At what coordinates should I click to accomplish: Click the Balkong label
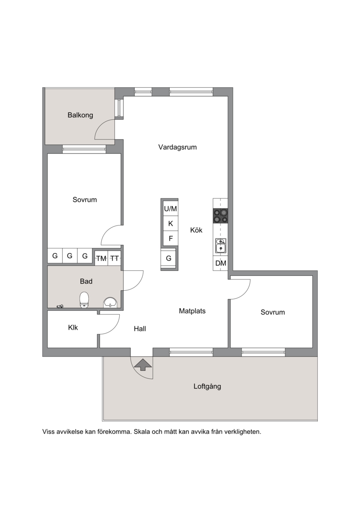[80, 115]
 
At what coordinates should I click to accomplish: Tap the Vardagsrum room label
[178, 147]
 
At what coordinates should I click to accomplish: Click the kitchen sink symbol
[221, 245]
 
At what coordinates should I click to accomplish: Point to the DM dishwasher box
[221, 263]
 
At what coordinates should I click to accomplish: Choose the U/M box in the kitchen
[171, 208]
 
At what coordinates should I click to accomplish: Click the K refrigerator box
[171, 224]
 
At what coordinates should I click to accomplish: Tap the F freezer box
[171, 239]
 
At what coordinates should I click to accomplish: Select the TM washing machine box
[101, 258]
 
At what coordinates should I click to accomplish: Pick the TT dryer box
[114, 258]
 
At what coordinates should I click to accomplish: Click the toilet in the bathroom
[85, 299]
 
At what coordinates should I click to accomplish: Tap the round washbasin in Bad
[110, 302]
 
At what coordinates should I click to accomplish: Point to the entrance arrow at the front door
[142, 365]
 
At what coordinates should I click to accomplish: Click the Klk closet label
[73, 328]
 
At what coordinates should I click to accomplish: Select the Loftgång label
[207, 386]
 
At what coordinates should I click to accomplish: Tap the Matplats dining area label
[192, 311]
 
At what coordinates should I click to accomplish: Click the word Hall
[140, 329]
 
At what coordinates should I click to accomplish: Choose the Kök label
[196, 230]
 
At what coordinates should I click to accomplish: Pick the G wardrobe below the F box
[169, 258]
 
